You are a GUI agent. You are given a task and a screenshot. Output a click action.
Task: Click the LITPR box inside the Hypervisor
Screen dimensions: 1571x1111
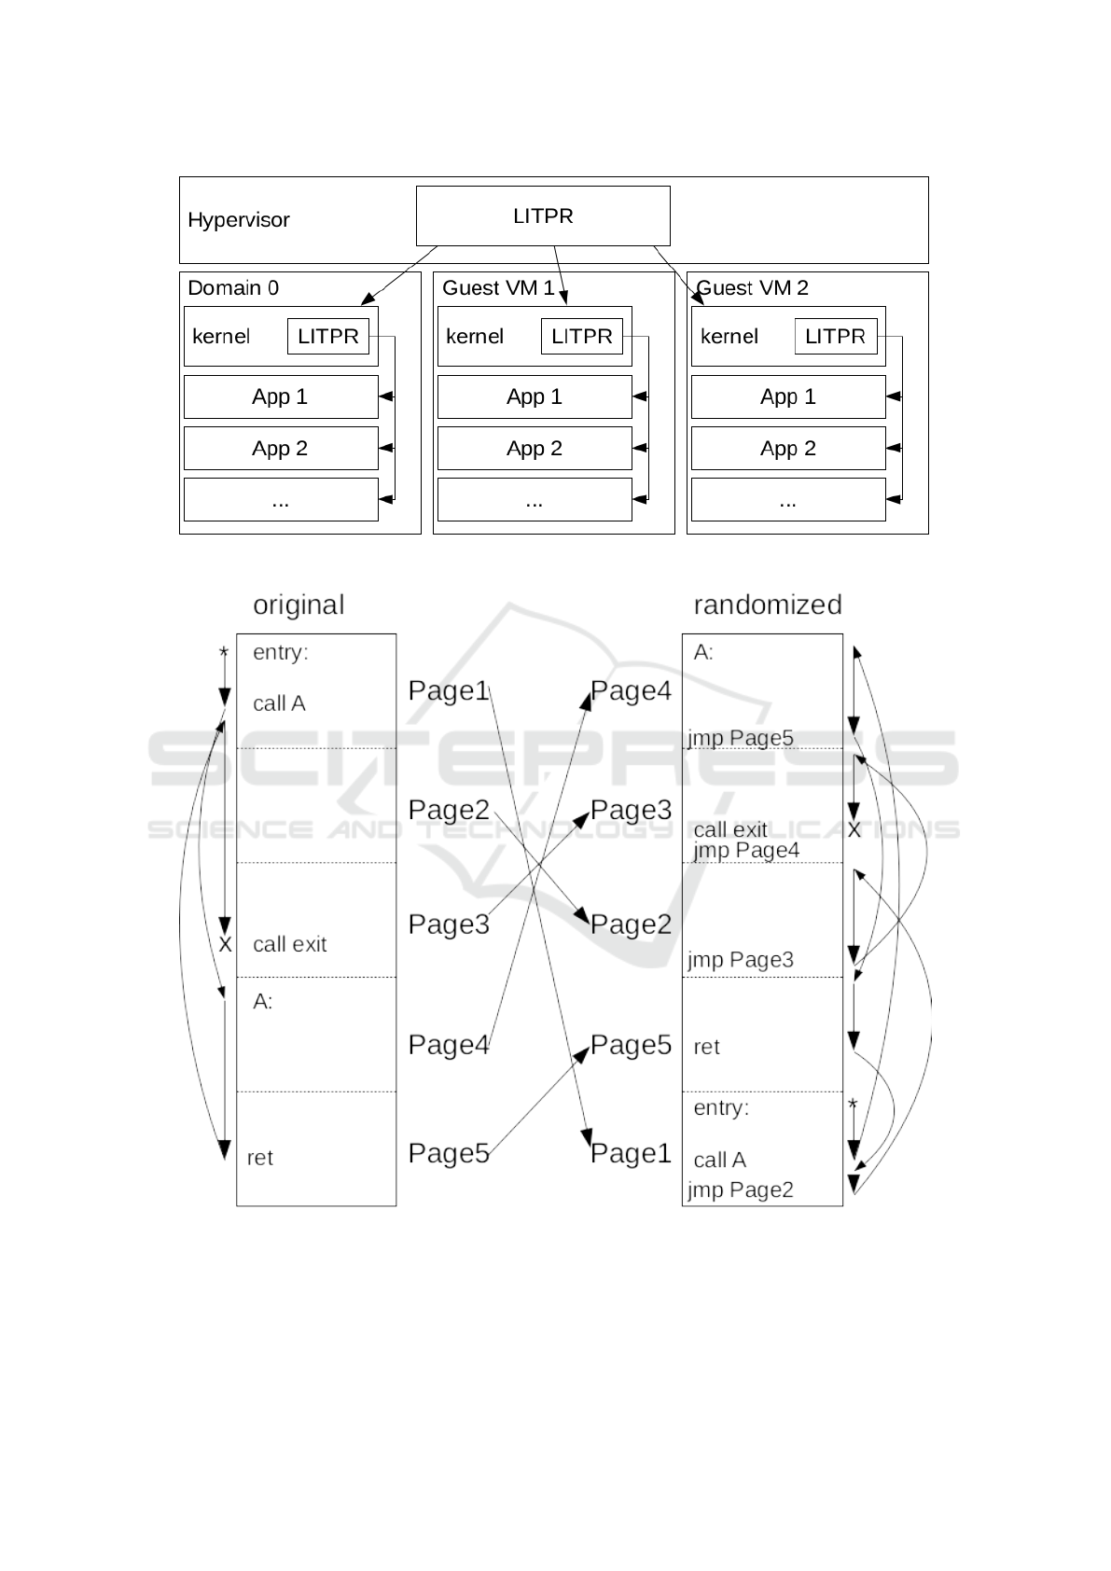point(543,215)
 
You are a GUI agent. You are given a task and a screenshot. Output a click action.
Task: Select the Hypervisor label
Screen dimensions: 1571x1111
point(239,220)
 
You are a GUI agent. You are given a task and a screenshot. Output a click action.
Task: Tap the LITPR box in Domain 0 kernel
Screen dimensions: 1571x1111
point(328,337)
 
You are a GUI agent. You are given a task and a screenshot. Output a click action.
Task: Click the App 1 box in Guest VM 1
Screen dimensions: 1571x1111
point(535,396)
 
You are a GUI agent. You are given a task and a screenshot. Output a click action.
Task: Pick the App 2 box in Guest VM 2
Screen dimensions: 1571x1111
point(788,449)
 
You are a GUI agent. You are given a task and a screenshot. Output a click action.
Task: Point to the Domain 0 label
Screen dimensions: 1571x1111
point(233,287)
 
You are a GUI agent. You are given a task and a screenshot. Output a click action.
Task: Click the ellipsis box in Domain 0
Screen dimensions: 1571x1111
point(281,500)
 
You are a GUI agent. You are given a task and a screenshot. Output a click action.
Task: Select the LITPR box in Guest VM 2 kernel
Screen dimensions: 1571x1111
point(835,337)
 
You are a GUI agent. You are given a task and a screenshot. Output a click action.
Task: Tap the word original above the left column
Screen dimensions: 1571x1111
point(299,605)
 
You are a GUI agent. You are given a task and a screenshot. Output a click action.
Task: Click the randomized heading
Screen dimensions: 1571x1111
point(768,605)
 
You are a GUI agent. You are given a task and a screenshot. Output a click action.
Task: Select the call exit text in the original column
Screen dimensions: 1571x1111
point(290,944)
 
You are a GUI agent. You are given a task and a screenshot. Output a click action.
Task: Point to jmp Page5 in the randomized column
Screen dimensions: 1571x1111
point(741,738)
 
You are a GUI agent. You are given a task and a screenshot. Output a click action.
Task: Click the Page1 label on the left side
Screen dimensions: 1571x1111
point(449,691)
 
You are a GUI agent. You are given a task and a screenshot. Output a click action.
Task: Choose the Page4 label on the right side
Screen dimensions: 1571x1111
point(632,691)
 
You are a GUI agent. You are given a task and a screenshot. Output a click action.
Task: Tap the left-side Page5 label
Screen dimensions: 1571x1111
point(449,1154)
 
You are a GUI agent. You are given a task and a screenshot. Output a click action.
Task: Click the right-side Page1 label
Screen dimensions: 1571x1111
point(632,1154)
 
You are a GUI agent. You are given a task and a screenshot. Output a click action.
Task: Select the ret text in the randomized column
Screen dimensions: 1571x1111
point(707,1047)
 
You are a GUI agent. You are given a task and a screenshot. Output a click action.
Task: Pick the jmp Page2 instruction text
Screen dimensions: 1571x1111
point(741,1189)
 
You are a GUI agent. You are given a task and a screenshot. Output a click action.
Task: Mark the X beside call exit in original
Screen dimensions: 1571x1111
point(225,945)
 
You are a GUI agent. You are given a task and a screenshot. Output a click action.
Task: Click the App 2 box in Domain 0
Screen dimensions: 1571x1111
point(281,449)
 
